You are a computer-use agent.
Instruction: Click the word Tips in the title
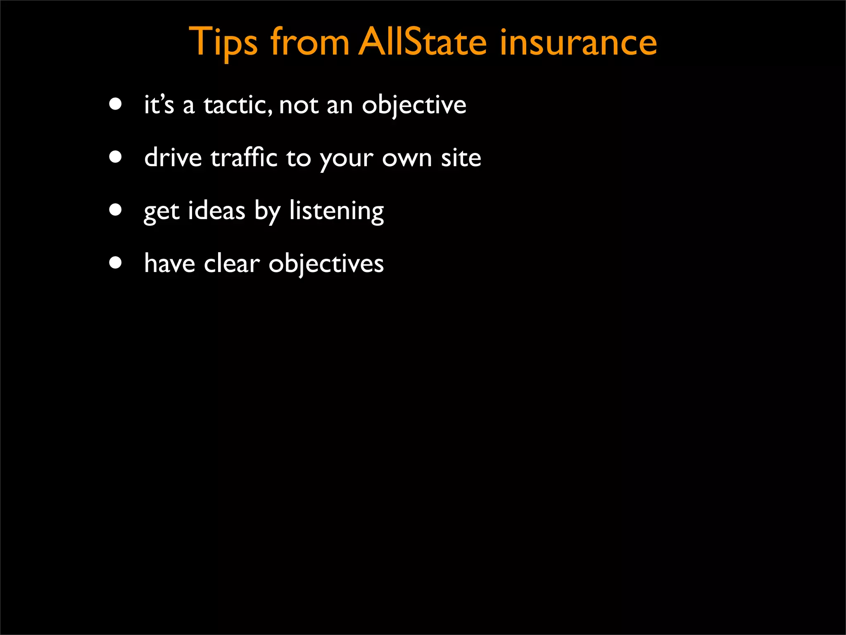point(223,42)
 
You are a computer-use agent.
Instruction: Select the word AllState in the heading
point(422,42)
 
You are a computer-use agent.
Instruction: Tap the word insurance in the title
point(578,42)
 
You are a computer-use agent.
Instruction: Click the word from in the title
point(310,42)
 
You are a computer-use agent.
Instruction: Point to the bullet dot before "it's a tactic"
point(116,104)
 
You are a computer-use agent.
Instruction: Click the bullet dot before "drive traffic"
point(116,157)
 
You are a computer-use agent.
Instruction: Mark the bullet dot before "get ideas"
point(116,210)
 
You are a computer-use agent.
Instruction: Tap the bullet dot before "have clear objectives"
point(116,263)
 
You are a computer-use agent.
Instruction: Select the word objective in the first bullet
point(414,105)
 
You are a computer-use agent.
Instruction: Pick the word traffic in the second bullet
point(244,158)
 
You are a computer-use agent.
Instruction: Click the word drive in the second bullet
point(173,158)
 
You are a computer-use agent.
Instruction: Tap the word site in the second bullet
point(461,158)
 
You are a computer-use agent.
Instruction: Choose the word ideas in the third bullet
point(217,211)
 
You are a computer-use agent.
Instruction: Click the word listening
point(336,211)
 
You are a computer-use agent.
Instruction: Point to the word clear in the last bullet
point(232,264)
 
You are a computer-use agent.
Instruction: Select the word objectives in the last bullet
point(326,264)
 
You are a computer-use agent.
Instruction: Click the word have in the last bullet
point(169,264)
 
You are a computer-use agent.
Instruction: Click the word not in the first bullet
point(299,105)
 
